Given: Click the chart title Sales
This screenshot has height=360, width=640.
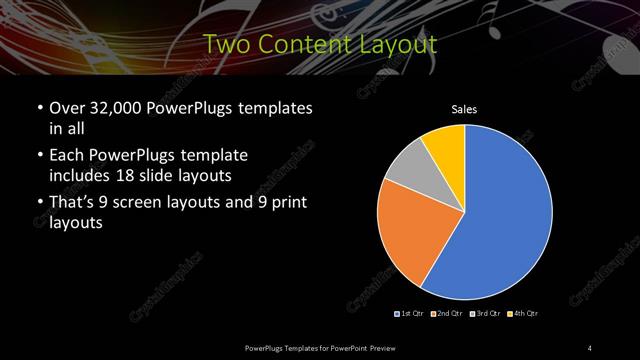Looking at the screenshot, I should click(x=464, y=109).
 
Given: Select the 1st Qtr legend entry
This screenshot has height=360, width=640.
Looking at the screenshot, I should click(x=410, y=314).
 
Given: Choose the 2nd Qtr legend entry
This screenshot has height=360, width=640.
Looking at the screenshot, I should click(x=446, y=314).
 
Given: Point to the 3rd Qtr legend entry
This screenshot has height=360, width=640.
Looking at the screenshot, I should click(x=484, y=314).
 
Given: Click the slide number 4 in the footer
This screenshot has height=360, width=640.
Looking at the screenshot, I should click(x=591, y=347).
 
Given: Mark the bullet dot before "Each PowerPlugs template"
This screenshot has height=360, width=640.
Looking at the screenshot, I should click(x=39, y=157).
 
